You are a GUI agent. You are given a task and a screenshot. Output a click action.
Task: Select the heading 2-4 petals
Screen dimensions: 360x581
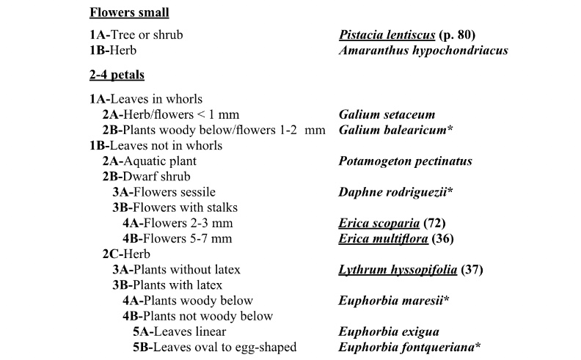pos(117,75)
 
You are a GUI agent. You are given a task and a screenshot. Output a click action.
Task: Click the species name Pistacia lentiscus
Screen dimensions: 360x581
pos(388,35)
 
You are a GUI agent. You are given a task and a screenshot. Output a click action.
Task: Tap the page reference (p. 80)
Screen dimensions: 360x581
pos(461,35)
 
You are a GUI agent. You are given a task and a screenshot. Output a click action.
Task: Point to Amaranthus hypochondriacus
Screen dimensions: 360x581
pos(423,51)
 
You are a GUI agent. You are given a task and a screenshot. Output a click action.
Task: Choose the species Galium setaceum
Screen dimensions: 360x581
pos(387,114)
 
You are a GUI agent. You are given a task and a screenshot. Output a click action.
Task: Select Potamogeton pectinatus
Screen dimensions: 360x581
pos(405,161)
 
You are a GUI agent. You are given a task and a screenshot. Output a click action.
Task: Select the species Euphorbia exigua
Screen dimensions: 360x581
pos(388,332)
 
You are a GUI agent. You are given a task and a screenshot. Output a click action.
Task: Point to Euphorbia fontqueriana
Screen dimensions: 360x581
pos(409,348)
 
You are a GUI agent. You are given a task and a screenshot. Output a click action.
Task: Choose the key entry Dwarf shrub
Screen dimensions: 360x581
pos(147,177)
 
